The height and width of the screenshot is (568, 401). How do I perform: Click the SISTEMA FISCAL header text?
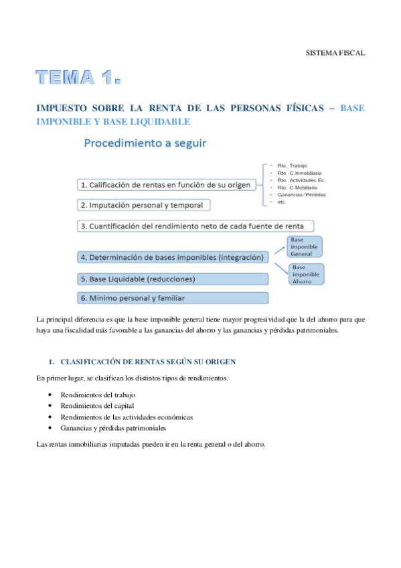point(335,52)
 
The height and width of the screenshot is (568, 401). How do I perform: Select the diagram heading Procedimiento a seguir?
point(145,143)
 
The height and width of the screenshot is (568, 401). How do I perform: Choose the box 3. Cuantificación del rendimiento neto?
point(195,226)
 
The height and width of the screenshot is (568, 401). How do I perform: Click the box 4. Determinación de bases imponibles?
point(171,257)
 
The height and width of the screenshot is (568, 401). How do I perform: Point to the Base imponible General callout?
point(305,246)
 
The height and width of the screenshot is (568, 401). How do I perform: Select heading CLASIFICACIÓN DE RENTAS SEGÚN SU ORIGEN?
point(147,362)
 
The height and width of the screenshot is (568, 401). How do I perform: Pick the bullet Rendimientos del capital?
point(97,405)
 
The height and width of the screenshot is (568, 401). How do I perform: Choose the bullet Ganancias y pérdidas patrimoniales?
point(112,427)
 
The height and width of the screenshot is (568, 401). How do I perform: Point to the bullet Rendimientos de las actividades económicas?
point(127,417)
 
